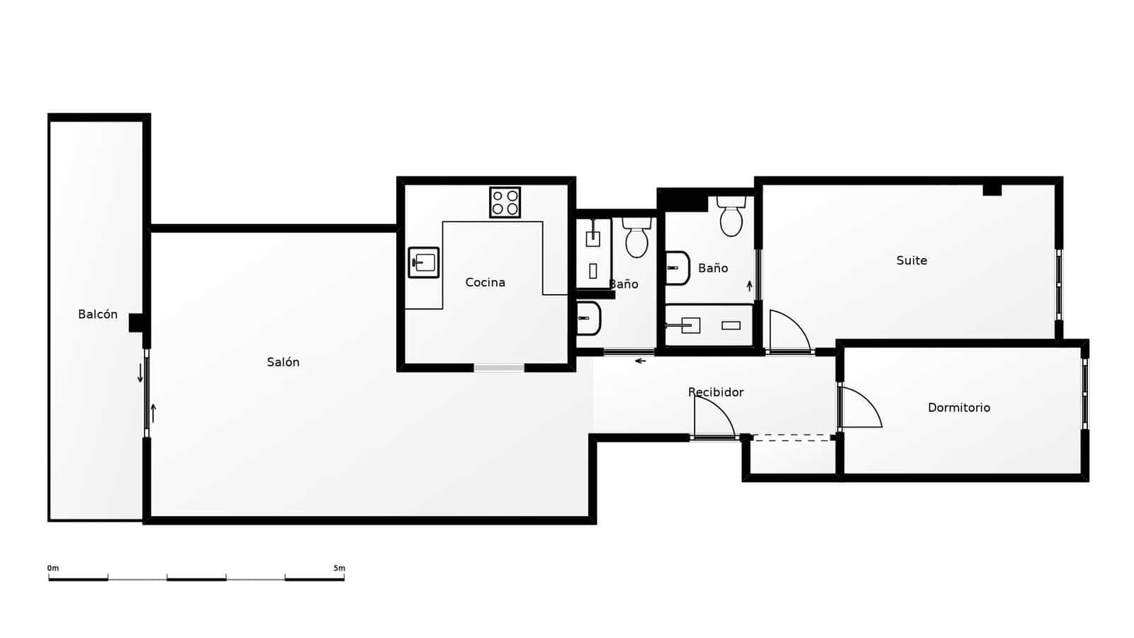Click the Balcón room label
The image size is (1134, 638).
[x=98, y=315]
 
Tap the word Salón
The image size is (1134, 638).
[x=283, y=362]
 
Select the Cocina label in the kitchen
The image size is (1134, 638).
[x=485, y=283]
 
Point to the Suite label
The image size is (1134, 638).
[x=911, y=261]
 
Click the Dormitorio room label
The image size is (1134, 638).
[x=958, y=408]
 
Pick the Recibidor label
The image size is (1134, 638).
[x=716, y=392]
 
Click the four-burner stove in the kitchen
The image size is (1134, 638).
[x=505, y=202]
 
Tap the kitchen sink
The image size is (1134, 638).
[x=424, y=262]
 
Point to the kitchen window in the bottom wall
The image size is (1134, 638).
[x=499, y=367]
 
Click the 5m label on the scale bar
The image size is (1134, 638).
[x=339, y=568]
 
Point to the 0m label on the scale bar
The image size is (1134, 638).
[x=53, y=568]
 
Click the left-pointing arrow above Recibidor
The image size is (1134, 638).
[x=640, y=362]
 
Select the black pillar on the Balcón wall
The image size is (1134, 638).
[x=136, y=323]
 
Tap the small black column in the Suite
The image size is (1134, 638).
[x=992, y=189]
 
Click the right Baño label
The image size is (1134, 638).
[x=713, y=268]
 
